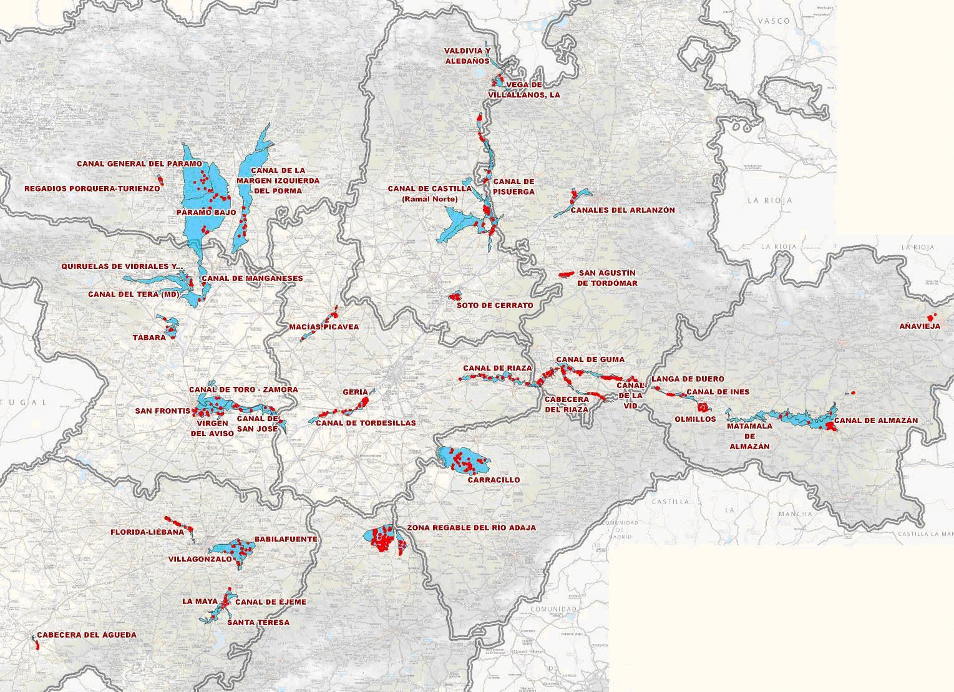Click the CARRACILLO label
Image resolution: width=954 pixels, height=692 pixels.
(x=494, y=480)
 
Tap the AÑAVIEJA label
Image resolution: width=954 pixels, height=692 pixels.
(x=920, y=326)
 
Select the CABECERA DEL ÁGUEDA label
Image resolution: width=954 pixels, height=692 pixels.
(x=86, y=635)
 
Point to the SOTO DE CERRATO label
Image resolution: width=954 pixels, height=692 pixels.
(x=495, y=305)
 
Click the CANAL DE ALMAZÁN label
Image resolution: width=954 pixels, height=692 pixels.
(x=876, y=420)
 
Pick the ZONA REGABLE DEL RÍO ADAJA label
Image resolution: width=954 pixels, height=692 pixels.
(x=471, y=527)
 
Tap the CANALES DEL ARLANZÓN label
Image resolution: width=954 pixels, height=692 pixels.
(x=623, y=210)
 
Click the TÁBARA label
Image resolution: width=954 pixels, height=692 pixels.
(x=149, y=337)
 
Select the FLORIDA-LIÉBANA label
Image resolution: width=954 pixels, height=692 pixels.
(x=147, y=532)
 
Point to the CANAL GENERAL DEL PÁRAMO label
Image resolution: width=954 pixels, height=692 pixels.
(x=139, y=163)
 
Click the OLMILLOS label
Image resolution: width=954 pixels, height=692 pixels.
(x=695, y=419)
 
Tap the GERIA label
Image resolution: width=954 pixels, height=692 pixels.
(x=355, y=392)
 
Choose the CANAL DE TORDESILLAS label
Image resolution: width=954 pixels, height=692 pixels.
(x=366, y=422)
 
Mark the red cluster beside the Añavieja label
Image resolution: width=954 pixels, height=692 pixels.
(x=932, y=317)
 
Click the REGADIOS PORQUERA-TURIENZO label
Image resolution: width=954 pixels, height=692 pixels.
(x=92, y=188)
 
